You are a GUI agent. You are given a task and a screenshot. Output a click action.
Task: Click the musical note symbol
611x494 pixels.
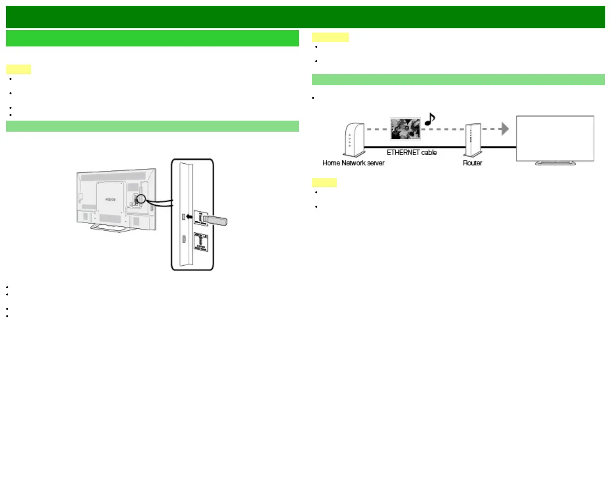pos(430,119)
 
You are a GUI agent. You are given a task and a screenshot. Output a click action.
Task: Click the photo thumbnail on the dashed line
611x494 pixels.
pos(405,129)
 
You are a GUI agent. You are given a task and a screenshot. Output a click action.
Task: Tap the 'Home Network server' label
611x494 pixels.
pos(353,163)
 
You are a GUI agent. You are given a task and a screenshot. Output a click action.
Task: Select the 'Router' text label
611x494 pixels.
pos(472,163)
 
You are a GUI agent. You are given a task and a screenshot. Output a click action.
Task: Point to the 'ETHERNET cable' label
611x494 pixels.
pos(411,153)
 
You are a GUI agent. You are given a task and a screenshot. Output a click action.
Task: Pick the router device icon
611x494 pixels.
pos(473,140)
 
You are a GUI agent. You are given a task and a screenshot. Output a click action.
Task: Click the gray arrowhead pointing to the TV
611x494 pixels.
pos(504,129)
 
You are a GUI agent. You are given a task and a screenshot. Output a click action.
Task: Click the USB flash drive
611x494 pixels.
pos(214,220)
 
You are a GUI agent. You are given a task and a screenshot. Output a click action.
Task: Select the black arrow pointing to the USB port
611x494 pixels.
pos(190,217)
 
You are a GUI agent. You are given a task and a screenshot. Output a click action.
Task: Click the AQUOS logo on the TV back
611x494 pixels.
pos(110,199)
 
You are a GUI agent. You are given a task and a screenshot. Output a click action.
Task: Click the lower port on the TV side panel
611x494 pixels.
pos(184,239)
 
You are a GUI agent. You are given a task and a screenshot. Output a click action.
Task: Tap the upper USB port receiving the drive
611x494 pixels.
pos(183,217)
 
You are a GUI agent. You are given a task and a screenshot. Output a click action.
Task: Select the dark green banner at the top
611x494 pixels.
pos(305,17)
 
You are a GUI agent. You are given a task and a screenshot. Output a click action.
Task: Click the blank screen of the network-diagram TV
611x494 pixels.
pos(555,138)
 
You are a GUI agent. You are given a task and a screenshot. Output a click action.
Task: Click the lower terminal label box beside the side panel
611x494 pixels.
pos(200,242)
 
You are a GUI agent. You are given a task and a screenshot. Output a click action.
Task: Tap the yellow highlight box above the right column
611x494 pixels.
pos(330,37)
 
